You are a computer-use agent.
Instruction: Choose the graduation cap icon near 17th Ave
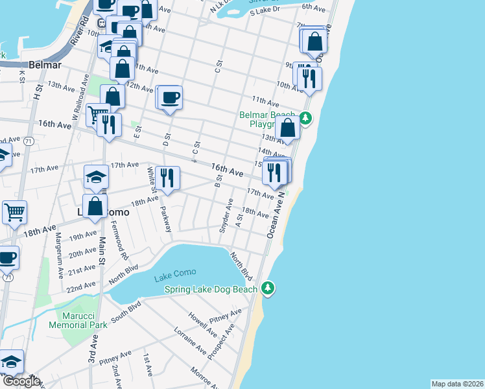95,176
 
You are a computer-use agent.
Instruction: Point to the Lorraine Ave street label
190,341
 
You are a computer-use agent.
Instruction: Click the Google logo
21,381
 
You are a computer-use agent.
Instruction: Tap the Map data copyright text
457,384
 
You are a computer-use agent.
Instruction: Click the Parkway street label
166,219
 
